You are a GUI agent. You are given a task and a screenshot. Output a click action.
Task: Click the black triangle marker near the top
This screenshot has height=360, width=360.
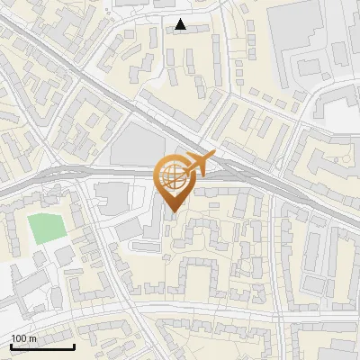(x=181, y=24)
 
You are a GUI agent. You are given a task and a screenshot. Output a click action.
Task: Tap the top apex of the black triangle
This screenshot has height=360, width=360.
(x=181, y=19)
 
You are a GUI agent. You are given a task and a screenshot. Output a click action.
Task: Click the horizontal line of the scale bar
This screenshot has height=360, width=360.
(x=42, y=346)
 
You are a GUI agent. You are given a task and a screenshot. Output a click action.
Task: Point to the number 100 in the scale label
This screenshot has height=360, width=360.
(x=18, y=338)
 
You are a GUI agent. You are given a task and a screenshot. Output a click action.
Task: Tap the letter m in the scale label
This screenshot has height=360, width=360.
(x=32, y=338)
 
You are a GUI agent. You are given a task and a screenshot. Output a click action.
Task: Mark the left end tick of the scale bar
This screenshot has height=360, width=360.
(x=11, y=345)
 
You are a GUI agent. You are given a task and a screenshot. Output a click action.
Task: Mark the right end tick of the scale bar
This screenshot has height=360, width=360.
(x=74, y=345)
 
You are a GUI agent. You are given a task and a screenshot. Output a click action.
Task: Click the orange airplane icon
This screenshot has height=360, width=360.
(x=198, y=165)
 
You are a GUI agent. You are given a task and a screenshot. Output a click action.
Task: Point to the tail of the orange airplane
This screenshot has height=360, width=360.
(x=184, y=171)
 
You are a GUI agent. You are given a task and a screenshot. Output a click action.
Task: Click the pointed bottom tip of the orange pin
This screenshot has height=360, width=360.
(x=171, y=212)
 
